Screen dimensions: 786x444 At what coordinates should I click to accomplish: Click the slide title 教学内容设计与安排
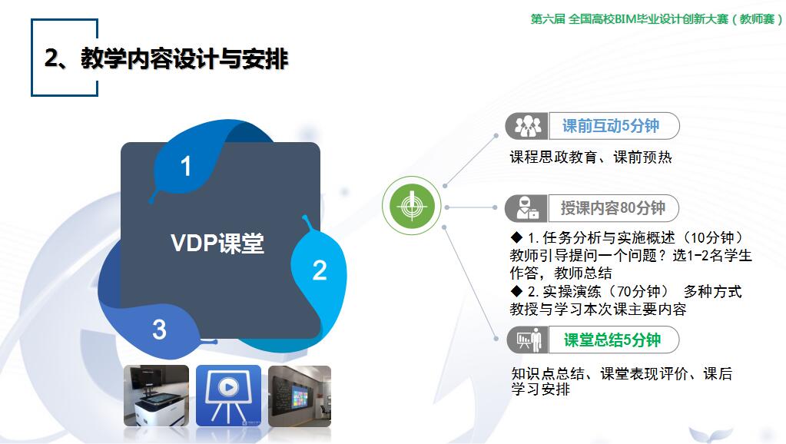tap(184, 58)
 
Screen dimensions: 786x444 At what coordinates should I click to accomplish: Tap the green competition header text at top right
tap(657, 19)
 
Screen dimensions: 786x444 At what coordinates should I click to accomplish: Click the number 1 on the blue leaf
tap(185, 166)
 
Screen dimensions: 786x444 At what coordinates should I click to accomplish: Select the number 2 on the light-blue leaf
tap(320, 270)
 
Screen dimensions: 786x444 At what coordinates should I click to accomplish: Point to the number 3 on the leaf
tap(159, 330)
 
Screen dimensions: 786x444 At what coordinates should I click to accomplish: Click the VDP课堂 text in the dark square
tap(217, 243)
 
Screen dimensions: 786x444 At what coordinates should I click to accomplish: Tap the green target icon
tap(412, 205)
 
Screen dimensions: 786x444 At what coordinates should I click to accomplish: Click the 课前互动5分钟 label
tap(611, 126)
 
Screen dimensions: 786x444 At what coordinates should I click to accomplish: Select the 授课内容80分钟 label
tap(612, 207)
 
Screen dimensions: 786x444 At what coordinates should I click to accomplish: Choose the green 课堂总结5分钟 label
tap(612, 340)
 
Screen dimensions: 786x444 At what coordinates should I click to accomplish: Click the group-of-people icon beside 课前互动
tap(528, 126)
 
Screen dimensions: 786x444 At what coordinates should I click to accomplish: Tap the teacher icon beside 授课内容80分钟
tap(527, 208)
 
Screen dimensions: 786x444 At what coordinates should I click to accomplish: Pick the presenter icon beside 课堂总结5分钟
tap(529, 340)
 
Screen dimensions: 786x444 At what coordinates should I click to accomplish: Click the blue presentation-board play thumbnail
tap(228, 396)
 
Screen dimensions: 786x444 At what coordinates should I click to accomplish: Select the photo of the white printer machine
tap(157, 396)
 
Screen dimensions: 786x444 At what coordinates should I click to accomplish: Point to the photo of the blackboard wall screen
tap(300, 396)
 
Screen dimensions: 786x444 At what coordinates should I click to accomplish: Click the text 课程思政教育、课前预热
tap(591, 157)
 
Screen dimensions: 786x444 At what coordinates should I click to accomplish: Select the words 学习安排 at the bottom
tap(540, 389)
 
